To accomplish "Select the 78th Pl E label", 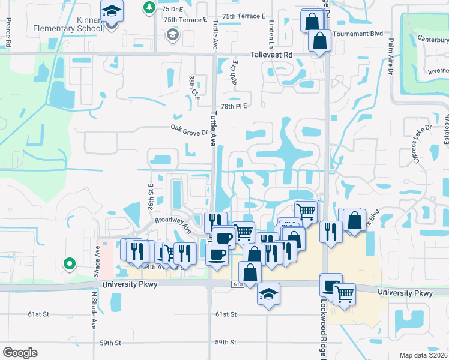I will pos(234,106).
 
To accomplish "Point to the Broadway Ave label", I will pos(173,224).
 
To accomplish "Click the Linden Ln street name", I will pos(271,34).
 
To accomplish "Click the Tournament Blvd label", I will pos(354,34).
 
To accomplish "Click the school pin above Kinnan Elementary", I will pos(112,12).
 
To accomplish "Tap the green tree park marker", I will pos(149,7).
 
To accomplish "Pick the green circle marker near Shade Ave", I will pos(70,263).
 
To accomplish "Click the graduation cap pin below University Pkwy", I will pos(269,294).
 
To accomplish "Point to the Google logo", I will pos(20,353).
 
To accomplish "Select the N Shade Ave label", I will pos(94,311).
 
